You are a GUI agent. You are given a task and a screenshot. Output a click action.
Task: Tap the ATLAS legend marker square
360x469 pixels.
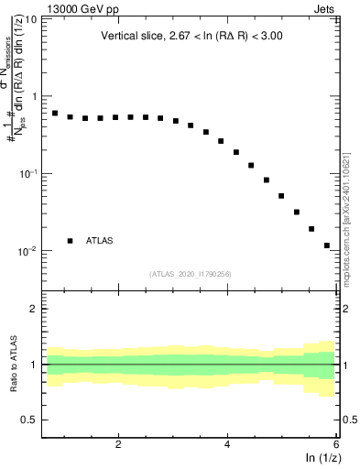tap(70, 241)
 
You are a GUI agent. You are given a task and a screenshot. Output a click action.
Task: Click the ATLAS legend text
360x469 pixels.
tap(100, 241)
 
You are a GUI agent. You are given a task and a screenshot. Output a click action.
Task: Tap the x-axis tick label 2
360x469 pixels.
tap(118, 444)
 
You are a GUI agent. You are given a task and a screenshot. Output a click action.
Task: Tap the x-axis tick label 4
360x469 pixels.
tap(227, 444)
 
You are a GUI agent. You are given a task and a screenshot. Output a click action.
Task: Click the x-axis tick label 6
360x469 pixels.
tap(336, 444)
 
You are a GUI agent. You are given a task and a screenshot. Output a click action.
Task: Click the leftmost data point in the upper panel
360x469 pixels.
tap(55, 114)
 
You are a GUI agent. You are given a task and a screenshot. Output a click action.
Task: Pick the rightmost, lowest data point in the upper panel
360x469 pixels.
tap(327, 245)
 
